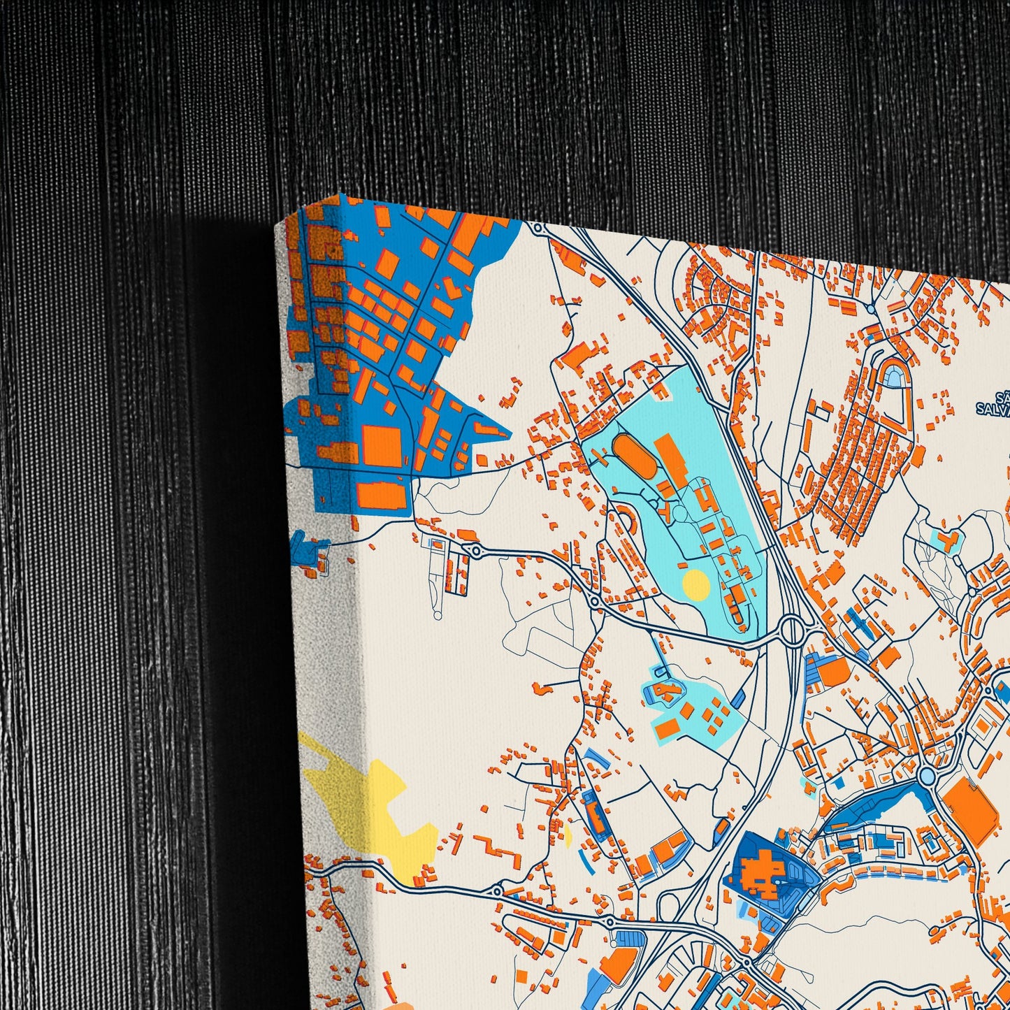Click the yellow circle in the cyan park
pyautogui.click(x=695, y=583)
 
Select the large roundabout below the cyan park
pyautogui.click(x=793, y=629)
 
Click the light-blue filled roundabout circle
pyautogui.click(x=926, y=775)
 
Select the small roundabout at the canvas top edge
pyautogui.click(x=537, y=227)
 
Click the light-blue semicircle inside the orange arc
pyautogui.click(x=894, y=378)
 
